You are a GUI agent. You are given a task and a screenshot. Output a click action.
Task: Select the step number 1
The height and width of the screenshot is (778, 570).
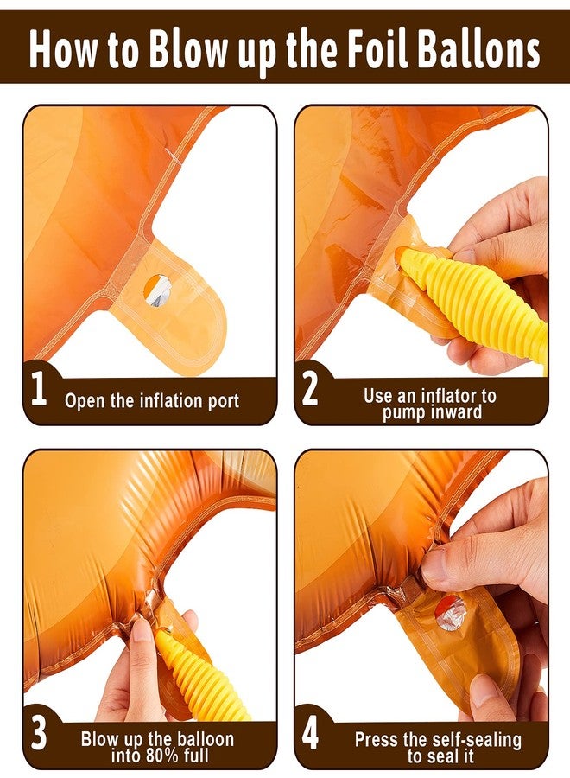coord(39,390)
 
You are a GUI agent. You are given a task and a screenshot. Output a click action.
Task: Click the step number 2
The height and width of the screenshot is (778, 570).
coord(310,390)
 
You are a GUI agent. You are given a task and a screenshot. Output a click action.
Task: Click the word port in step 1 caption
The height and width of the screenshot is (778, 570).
coord(221,401)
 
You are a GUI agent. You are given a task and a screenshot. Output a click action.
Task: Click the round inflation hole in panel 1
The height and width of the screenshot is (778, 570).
coord(158,290)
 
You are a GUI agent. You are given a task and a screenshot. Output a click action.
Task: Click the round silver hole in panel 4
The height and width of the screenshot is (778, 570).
coord(451,613)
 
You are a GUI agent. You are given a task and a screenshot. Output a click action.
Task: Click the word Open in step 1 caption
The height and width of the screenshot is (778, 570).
coord(85,401)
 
